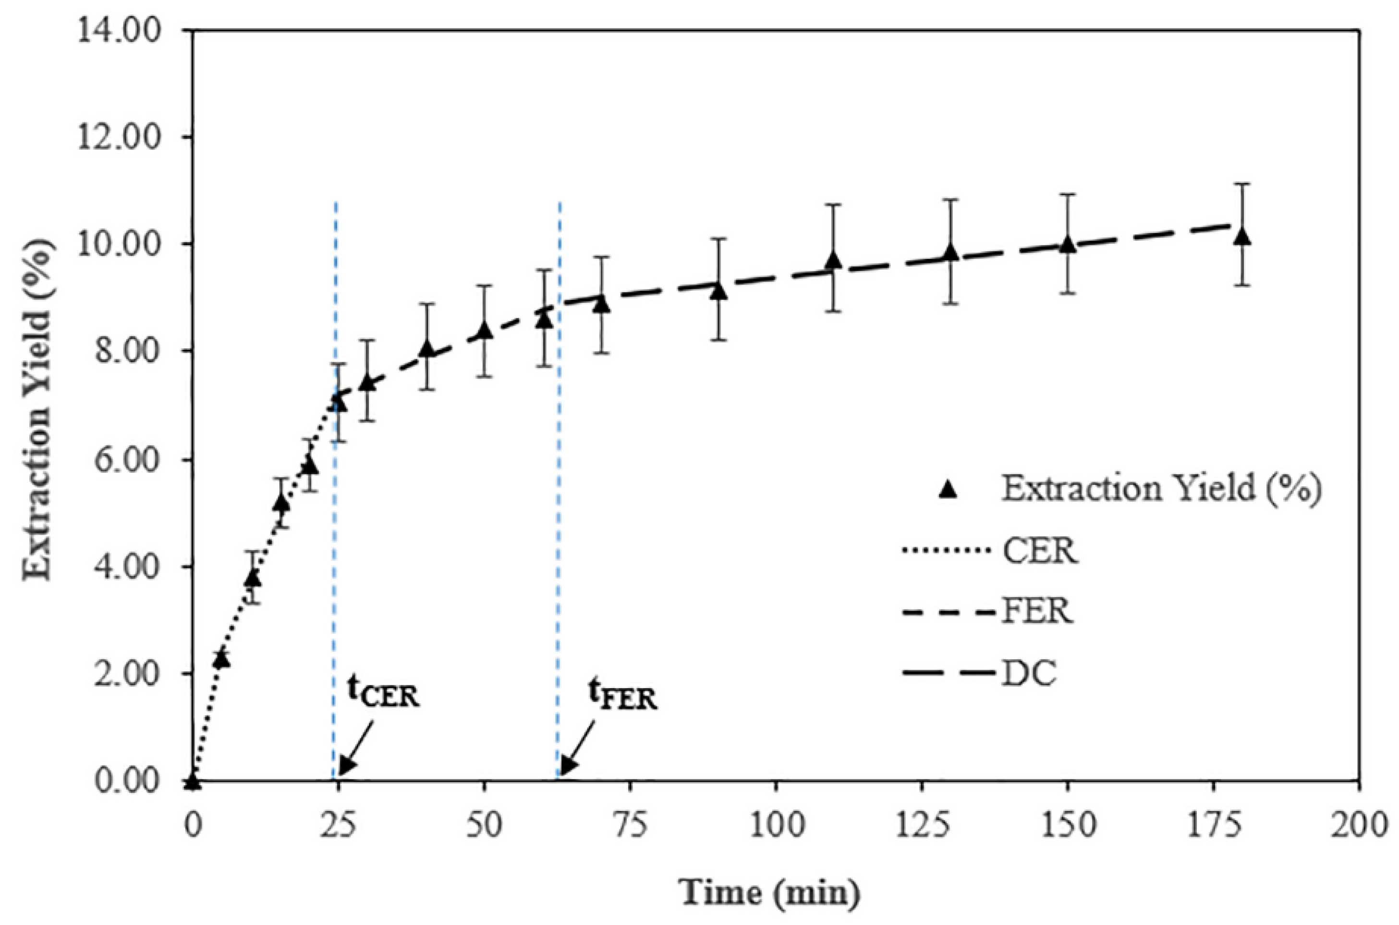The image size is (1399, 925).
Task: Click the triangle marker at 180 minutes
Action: (1242, 238)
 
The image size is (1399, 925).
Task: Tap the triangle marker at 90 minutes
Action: (718, 291)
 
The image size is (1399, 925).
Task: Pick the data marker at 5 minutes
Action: (222, 659)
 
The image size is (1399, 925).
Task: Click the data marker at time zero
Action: (193, 782)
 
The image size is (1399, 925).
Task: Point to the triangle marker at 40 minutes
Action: (427, 349)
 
